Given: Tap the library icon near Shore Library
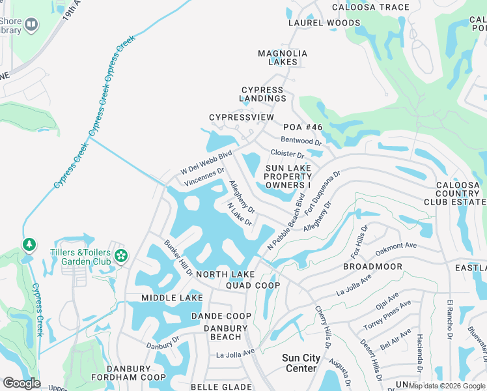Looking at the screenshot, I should tap(31, 25).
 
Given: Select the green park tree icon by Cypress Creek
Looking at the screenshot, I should tap(29, 244).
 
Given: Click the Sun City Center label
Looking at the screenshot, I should tap(301, 363).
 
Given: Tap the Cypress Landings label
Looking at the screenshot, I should tap(263, 94).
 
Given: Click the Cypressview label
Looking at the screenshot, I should tap(242, 117).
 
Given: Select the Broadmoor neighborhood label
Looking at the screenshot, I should tap(372, 267).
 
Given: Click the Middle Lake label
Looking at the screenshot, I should tap(173, 298).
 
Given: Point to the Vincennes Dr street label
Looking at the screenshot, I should tap(204, 177).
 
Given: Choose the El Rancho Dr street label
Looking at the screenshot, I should tap(449, 320).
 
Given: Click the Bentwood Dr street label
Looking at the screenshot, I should tap(301, 141).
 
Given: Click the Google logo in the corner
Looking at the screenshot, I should tap(21, 383).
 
